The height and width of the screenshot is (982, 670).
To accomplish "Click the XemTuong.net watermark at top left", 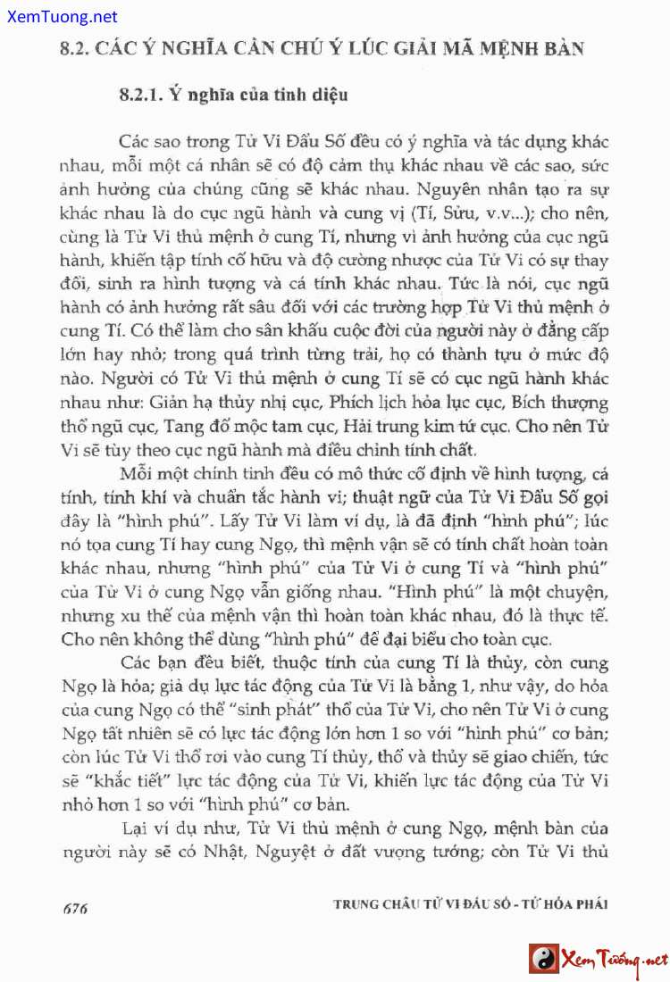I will [x=59, y=16].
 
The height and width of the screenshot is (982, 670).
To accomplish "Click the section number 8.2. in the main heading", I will [x=71, y=48].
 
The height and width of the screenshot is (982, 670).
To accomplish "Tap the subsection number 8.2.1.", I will [x=139, y=94].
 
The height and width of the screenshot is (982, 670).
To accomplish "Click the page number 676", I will [x=75, y=909].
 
